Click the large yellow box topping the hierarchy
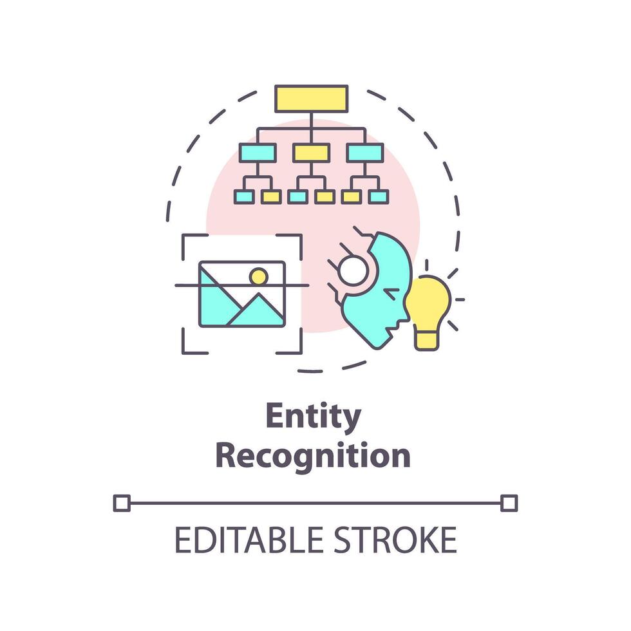[312, 99]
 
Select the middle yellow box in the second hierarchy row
[311, 153]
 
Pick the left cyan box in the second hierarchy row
[258, 153]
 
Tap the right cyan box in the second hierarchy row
[365, 153]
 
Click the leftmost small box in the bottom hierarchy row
[244, 196]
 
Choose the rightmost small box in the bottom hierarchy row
[379, 196]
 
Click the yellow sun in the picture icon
[258, 277]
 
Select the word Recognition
[313, 456]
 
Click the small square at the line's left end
[122, 503]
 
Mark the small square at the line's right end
[509, 503]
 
